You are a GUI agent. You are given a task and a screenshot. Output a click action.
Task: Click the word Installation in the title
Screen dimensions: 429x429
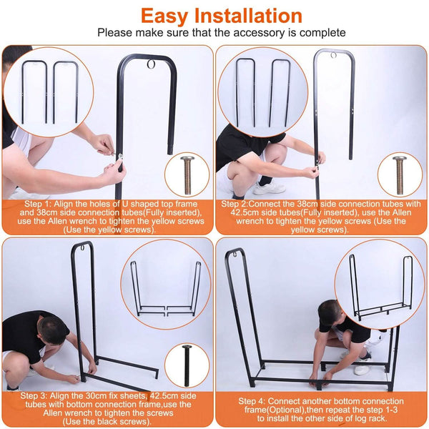point(248,16)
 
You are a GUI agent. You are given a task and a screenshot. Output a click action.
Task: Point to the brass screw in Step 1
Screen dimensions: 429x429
point(187,175)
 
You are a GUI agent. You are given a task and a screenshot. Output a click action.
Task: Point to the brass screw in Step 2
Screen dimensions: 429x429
point(400,175)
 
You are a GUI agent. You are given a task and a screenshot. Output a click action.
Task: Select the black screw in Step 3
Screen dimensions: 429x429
point(187,365)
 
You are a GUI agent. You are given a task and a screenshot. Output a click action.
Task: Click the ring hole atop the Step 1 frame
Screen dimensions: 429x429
point(151,64)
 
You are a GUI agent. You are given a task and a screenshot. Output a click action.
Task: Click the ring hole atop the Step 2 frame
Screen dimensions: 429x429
point(333,55)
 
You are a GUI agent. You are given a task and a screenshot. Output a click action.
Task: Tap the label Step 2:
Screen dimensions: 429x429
point(235,204)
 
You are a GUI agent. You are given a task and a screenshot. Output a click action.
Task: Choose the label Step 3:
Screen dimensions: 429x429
point(34,396)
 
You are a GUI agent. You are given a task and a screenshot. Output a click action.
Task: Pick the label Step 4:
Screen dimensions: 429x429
point(252,401)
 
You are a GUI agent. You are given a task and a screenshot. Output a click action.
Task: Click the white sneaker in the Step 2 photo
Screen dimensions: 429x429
point(269,188)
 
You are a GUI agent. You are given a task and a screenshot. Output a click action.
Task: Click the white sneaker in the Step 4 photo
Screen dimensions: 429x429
point(362,369)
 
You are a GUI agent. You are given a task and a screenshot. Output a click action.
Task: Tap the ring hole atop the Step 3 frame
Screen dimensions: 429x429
point(82,248)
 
